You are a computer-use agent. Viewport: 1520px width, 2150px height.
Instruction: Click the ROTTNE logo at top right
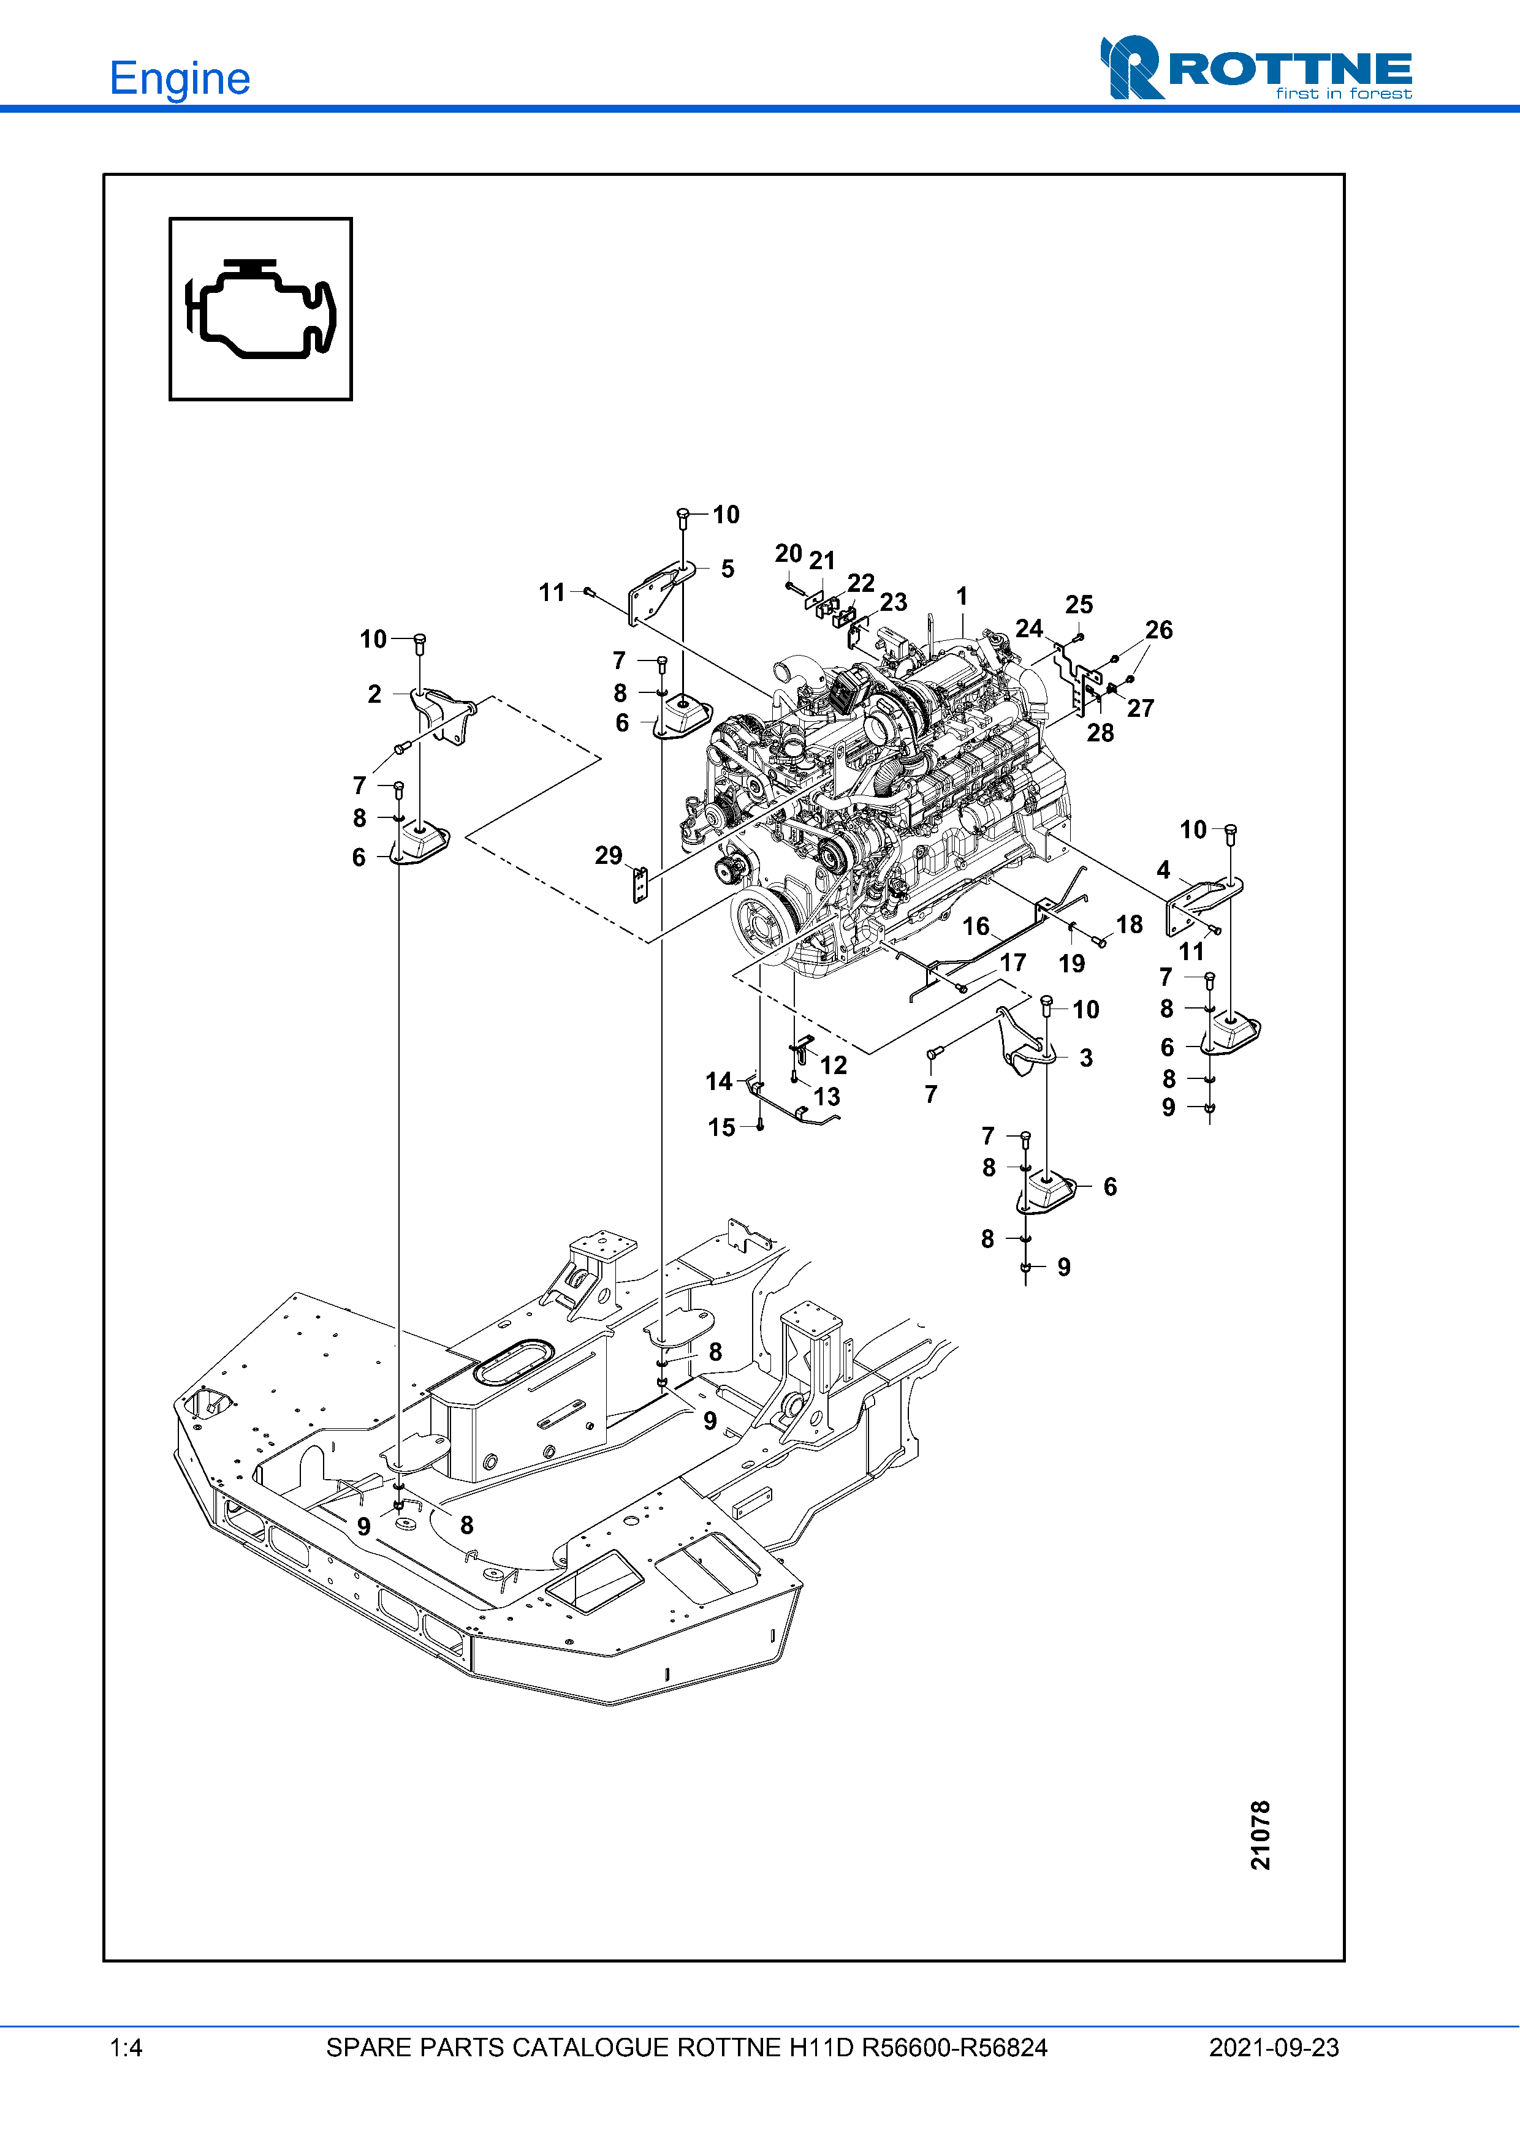(x=1256, y=67)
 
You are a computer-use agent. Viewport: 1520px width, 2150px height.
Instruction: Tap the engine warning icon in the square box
(x=260, y=309)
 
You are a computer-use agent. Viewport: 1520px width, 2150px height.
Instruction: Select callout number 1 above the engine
(x=962, y=597)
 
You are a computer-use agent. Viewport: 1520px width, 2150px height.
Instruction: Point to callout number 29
(x=609, y=855)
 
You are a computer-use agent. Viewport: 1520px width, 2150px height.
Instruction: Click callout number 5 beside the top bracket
(x=728, y=569)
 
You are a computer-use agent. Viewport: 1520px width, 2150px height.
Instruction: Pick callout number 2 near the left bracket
(x=374, y=694)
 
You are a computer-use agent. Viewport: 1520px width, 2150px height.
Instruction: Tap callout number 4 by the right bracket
(x=1163, y=870)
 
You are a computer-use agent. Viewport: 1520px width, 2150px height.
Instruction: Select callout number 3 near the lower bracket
(x=1087, y=1058)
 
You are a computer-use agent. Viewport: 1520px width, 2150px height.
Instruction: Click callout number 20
(x=789, y=553)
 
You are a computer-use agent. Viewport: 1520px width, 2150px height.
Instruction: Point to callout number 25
(x=1079, y=605)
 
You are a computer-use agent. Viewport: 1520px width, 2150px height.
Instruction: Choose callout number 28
(x=1100, y=733)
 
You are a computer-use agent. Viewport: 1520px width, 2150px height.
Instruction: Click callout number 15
(x=722, y=1127)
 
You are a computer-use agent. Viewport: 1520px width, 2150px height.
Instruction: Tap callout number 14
(x=720, y=1081)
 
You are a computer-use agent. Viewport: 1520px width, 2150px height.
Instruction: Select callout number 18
(x=1130, y=925)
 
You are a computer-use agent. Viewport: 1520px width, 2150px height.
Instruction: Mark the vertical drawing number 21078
(x=1261, y=1834)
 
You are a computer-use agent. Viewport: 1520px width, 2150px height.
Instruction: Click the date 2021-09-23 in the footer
(x=1274, y=2048)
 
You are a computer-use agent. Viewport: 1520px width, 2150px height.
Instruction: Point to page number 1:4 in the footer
(x=126, y=2048)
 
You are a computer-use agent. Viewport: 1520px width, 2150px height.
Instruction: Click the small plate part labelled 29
(x=640, y=885)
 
